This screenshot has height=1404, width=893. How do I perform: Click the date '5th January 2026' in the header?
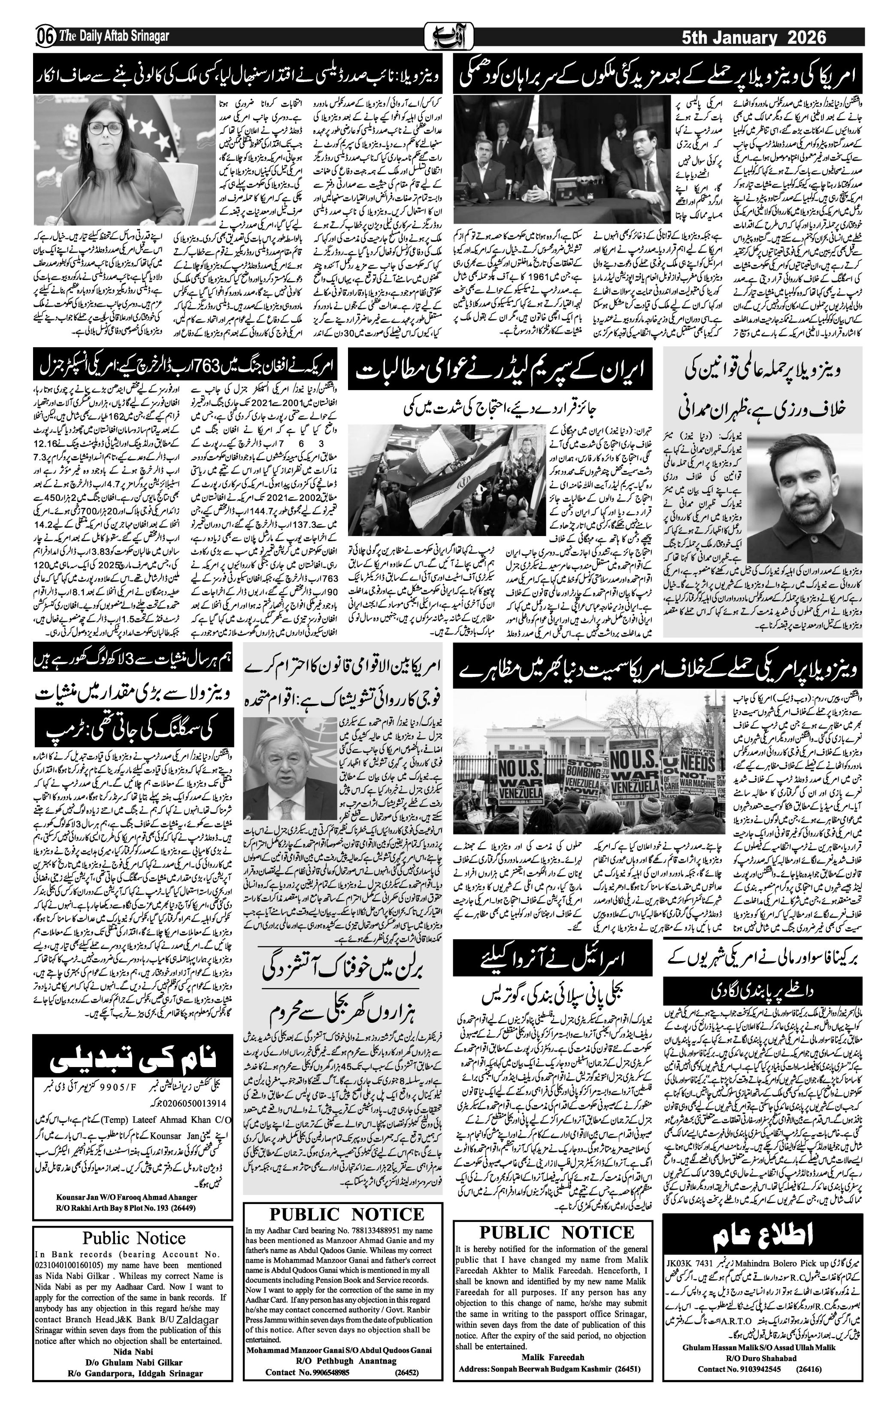754,37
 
